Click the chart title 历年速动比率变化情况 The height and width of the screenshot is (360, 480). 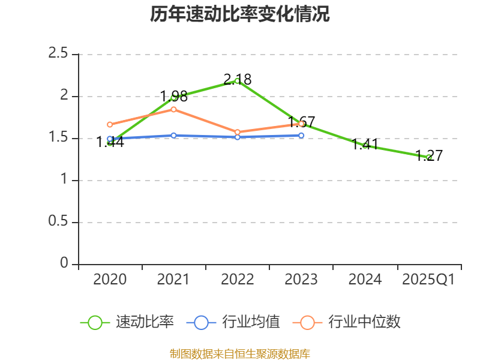(x=240, y=14)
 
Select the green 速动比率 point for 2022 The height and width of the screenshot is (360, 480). (x=237, y=81)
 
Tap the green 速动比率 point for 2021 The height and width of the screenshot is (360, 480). (x=174, y=97)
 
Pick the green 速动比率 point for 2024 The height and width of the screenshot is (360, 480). (x=365, y=146)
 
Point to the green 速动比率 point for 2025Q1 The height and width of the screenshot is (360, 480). (x=429, y=157)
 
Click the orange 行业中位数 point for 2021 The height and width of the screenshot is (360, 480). (x=174, y=109)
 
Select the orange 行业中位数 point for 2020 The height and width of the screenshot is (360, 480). (x=110, y=125)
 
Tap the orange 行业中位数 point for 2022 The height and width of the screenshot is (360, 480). (x=238, y=132)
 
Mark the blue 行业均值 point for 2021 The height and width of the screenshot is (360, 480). (x=174, y=136)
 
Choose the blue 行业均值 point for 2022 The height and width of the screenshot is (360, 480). (x=238, y=137)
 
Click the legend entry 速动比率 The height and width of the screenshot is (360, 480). (x=127, y=322)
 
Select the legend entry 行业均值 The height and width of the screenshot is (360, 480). (x=233, y=322)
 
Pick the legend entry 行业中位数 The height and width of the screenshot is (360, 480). (x=346, y=322)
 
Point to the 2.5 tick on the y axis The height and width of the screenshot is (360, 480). (x=59, y=55)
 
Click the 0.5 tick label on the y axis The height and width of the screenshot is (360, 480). (x=59, y=223)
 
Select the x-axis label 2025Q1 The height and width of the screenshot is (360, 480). (x=428, y=280)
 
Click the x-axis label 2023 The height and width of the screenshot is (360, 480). (x=301, y=280)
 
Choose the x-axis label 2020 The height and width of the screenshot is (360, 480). (x=110, y=280)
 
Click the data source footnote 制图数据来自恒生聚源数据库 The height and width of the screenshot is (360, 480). (x=240, y=353)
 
